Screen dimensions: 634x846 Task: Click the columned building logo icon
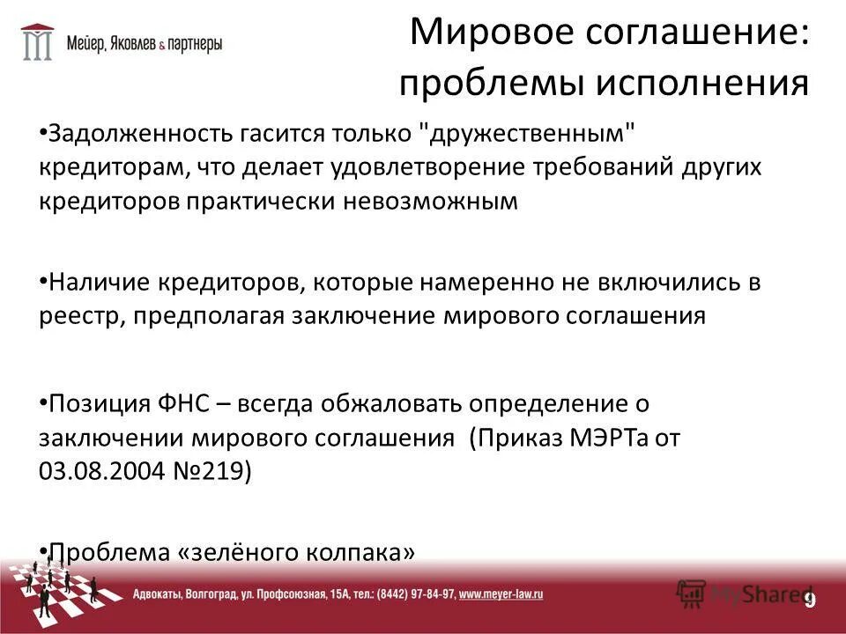tap(37, 41)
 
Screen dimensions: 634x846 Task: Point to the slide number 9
tap(809, 600)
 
